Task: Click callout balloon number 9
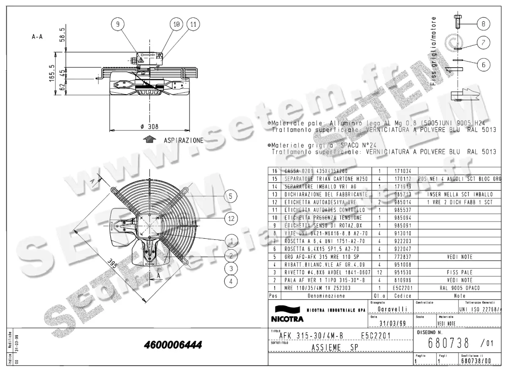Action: point(118,25)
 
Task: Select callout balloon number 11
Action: point(193,25)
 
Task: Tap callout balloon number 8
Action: point(484,24)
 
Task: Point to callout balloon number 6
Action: point(484,64)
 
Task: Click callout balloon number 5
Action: point(230,196)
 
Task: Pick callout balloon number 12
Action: point(230,219)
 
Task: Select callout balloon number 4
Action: point(230,281)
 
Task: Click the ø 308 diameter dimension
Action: point(150,126)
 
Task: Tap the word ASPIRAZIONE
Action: point(184,140)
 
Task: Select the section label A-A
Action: point(37,37)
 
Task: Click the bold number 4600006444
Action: point(173,345)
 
